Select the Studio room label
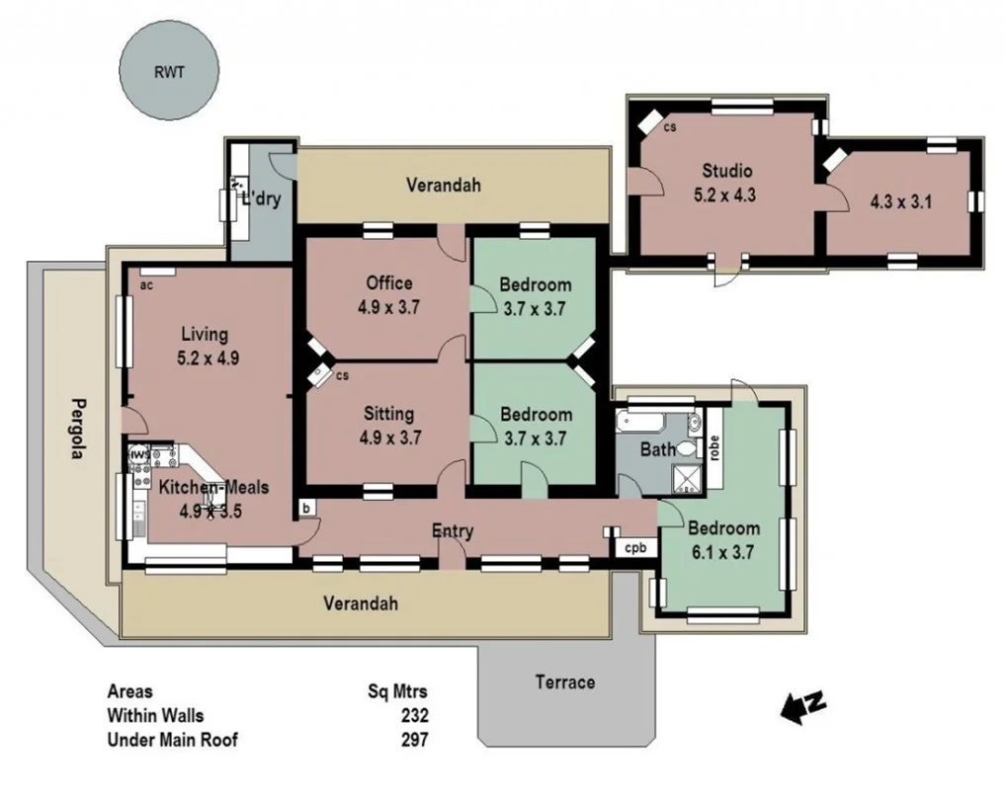727,170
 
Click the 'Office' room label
388,283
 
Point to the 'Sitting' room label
388,414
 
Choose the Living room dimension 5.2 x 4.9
208,359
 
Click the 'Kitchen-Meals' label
213,487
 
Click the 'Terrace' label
565,681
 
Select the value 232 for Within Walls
414,715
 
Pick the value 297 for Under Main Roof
414,739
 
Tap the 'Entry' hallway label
453,531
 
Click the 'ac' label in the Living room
146,285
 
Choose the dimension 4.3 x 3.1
900,202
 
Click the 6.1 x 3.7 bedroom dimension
724,553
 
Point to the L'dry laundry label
262,199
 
